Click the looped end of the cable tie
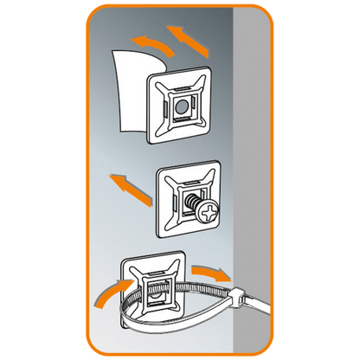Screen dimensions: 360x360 point(121,311)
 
